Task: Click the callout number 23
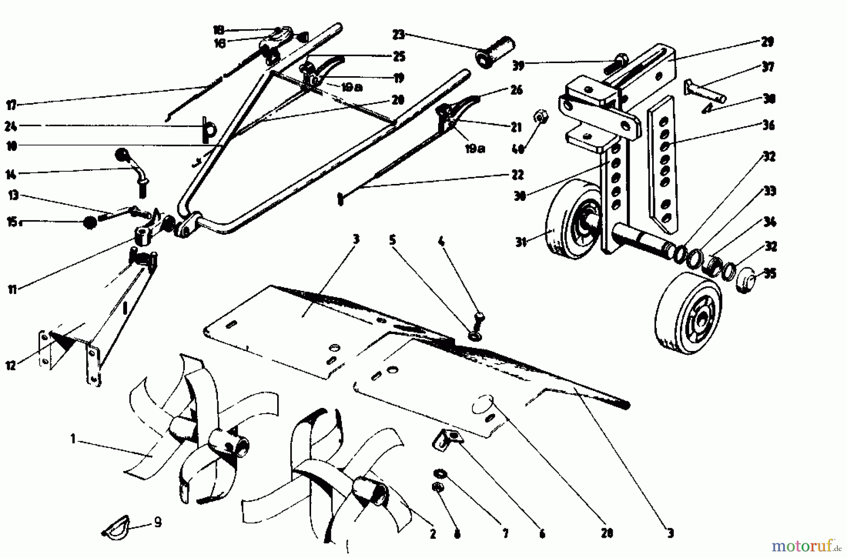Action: click(x=399, y=34)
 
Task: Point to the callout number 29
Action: click(x=767, y=42)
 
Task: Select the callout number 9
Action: click(x=158, y=522)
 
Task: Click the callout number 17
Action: click(x=11, y=104)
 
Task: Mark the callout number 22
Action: click(x=518, y=175)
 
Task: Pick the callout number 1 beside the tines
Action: click(x=73, y=439)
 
